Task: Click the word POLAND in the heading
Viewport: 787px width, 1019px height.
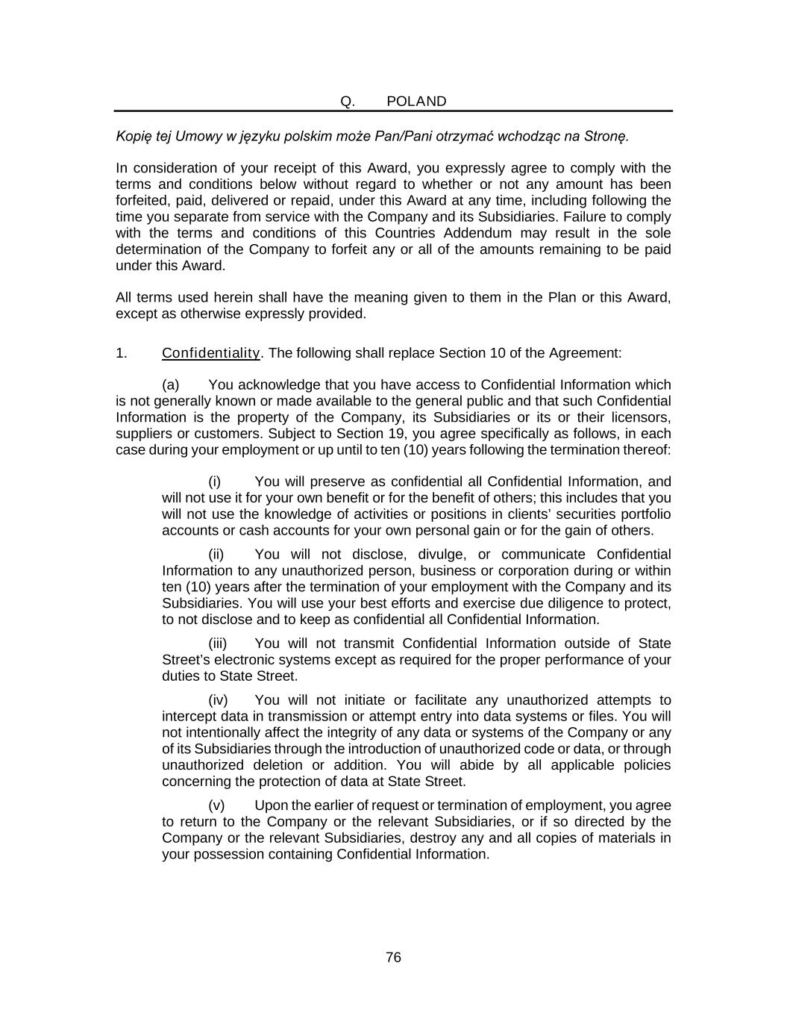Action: point(416,102)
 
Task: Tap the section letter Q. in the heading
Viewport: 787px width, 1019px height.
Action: point(348,102)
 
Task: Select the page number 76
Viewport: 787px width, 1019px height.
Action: point(394,958)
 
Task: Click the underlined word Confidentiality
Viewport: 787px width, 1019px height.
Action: point(211,353)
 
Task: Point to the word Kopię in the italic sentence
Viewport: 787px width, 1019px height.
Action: point(133,137)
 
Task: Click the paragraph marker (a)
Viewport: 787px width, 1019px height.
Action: point(171,385)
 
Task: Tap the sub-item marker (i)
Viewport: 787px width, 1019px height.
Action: point(215,482)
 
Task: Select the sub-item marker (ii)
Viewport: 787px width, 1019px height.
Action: point(216,555)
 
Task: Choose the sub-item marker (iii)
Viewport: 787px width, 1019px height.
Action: point(218,644)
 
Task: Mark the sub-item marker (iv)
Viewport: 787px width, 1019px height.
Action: point(218,700)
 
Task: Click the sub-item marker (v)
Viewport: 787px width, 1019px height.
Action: point(216,805)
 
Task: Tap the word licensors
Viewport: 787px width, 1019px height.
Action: point(642,417)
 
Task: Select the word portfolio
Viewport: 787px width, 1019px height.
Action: point(644,514)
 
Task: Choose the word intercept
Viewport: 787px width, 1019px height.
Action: point(189,717)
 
